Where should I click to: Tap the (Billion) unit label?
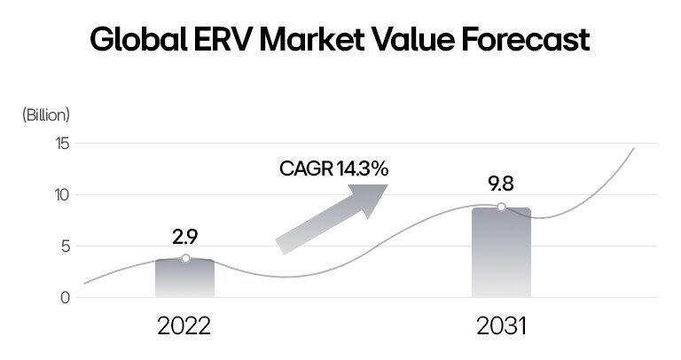pyautogui.click(x=46, y=114)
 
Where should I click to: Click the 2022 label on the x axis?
pyautogui.click(x=184, y=326)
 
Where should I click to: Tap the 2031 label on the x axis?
pyautogui.click(x=501, y=326)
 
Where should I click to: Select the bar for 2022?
pyautogui.click(x=184, y=279)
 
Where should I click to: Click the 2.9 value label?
pyautogui.click(x=184, y=237)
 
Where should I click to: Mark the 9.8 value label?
pyautogui.click(x=501, y=184)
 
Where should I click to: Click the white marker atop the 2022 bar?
pyautogui.click(x=185, y=258)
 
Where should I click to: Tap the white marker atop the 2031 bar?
pyautogui.click(x=501, y=207)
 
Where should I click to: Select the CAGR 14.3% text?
pyautogui.click(x=333, y=168)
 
